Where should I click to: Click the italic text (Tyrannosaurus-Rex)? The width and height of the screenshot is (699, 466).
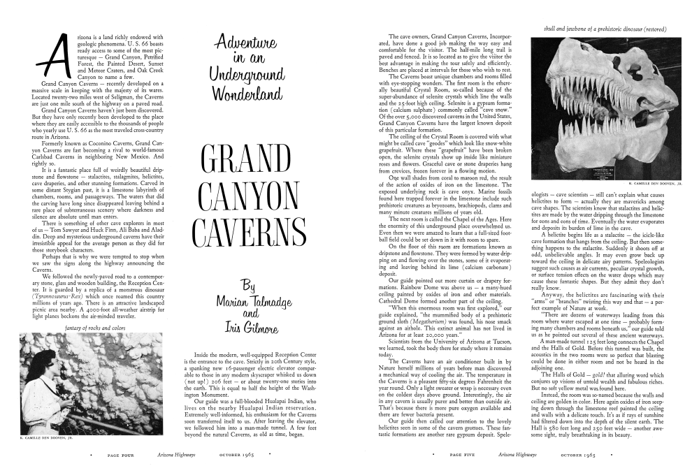51,296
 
